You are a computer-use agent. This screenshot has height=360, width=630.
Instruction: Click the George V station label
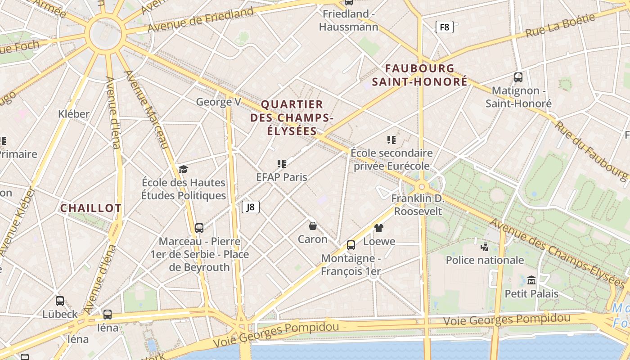(219, 102)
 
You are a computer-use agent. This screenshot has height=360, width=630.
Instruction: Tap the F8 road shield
(444, 27)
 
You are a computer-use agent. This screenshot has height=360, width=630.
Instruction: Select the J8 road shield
(251, 207)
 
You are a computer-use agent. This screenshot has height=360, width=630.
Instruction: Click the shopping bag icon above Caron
(313, 226)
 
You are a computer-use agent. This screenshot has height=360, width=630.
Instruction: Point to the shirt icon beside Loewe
(378, 228)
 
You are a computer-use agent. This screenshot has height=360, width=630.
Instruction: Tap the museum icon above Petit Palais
(531, 280)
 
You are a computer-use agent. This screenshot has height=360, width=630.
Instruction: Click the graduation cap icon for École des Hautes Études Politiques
(183, 169)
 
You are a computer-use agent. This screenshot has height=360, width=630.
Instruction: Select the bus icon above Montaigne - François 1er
(351, 245)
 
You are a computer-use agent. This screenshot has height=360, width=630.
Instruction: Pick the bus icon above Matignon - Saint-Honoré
(518, 77)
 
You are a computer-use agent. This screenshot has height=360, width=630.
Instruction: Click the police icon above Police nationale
(484, 247)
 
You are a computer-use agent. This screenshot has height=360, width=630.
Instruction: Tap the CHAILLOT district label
(91, 208)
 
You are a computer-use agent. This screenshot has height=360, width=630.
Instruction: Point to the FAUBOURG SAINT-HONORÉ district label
(420, 75)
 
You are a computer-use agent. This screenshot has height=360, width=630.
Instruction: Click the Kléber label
(74, 114)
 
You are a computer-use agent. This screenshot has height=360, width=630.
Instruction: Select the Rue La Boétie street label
(560, 27)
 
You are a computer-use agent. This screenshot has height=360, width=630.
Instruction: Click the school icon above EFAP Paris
(282, 164)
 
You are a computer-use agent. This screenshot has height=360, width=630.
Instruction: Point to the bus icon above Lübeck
(60, 301)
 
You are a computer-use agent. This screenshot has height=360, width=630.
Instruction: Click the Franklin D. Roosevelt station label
(418, 205)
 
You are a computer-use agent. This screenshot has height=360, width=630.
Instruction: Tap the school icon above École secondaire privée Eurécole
(391, 140)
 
